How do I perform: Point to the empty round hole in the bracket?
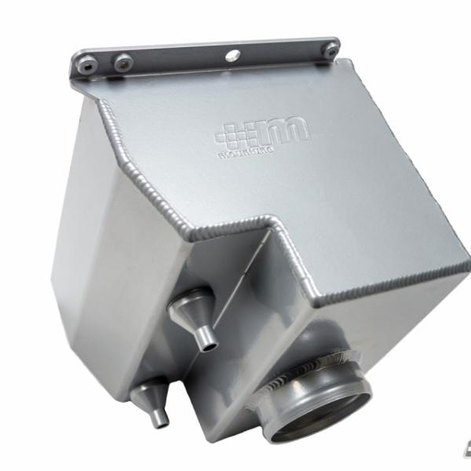(232, 55)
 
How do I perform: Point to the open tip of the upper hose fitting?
(207, 343)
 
